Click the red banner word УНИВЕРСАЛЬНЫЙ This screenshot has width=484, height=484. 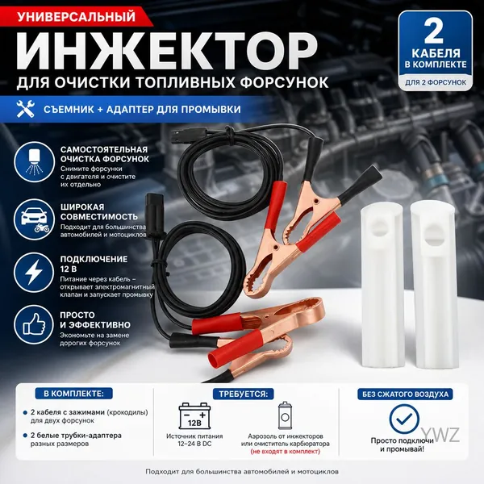tap(77, 17)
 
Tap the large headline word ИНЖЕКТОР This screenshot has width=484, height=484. tap(167, 51)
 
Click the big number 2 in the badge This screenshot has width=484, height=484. tap(434, 31)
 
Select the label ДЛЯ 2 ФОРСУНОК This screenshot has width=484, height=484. tap(436, 82)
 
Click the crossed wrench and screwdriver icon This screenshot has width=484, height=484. tap(26, 109)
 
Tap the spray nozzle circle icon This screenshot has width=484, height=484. tap(34, 162)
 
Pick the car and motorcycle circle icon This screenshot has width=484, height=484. tap(34, 219)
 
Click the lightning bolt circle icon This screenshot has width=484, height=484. tap(34, 273)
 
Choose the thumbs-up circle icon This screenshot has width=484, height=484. tap(34, 325)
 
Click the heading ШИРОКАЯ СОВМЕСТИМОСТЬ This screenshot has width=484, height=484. tap(99, 211)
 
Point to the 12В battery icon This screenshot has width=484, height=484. tap(194, 415)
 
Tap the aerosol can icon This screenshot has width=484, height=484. tap(286, 415)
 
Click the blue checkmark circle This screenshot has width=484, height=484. tap(404, 419)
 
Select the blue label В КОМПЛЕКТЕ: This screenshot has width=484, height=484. tap(73, 394)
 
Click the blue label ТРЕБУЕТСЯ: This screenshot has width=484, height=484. tap(244, 394)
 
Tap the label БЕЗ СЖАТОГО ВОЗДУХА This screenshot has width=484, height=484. tap(405, 394)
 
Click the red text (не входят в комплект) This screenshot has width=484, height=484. tap(286, 452)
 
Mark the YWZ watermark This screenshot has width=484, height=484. tap(440, 435)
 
